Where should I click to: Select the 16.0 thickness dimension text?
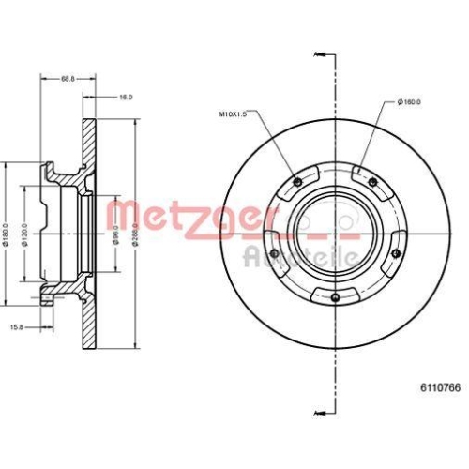tap(126, 97)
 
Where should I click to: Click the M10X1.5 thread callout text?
tap(232, 115)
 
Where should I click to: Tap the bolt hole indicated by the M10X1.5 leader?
tap(298, 182)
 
